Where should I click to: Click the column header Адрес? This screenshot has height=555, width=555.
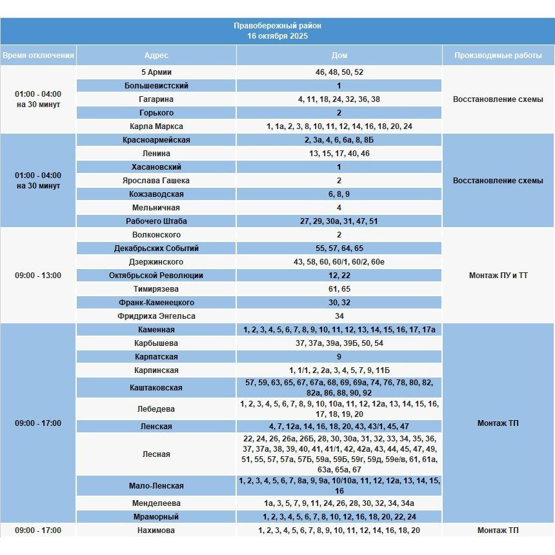coord(156,55)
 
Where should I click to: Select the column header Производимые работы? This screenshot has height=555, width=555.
coord(498,55)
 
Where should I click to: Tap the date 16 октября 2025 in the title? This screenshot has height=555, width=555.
coord(277,36)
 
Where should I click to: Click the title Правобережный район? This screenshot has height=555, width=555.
coord(277,26)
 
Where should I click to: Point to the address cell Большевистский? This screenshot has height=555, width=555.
coord(156,86)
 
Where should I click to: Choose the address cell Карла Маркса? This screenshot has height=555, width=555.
coord(156,126)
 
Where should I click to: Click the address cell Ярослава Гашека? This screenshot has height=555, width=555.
coord(156,181)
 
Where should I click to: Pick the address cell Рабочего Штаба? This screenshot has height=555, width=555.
coord(156,221)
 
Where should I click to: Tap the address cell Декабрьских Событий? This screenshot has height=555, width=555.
coord(156,248)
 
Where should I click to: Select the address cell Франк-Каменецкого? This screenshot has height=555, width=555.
coord(156,303)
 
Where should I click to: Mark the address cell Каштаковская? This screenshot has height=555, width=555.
coord(156,388)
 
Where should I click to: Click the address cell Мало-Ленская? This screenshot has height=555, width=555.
coord(156,486)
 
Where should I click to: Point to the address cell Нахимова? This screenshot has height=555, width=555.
coord(156,530)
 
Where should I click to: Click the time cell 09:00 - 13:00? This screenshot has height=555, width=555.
coord(38,276)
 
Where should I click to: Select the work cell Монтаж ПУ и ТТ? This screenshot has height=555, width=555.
coord(498,276)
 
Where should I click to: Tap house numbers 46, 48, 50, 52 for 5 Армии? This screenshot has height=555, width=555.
coord(339,72)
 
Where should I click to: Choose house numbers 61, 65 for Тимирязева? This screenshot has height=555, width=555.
coord(339,289)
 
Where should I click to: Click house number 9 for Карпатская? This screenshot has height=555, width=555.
coord(339,357)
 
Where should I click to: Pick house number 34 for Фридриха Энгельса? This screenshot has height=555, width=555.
coord(339,316)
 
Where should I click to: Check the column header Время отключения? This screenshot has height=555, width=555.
coord(38,55)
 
